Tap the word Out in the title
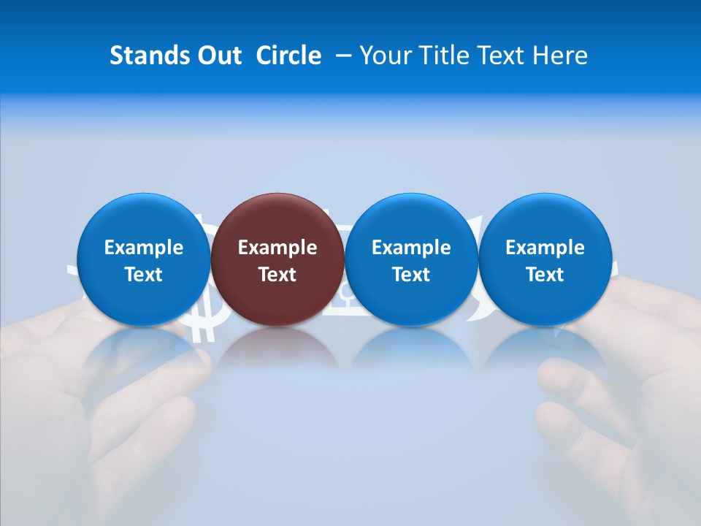pyautogui.click(x=218, y=56)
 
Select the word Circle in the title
pyautogui.click(x=288, y=56)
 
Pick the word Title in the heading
pyautogui.click(x=443, y=56)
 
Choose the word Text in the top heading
pyautogui.click(x=504, y=56)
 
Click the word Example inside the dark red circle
pyautogui.click(x=277, y=248)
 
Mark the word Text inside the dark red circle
pyautogui.click(x=277, y=275)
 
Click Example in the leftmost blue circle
pyautogui.click(x=144, y=248)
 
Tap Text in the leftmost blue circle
pyautogui.click(x=144, y=275)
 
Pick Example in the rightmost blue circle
pyautogui.click(x=545, y=248)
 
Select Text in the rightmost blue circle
pyautogui.click(x=545, y=275)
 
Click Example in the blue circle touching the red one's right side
pyautogui.click(x=411, y=248)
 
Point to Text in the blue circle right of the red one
pyautogui.click(x=411, y=275)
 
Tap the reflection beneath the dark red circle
pyautogui.click(x=277, y=347)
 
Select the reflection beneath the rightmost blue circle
pyautogui.click(x=545, y=347)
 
